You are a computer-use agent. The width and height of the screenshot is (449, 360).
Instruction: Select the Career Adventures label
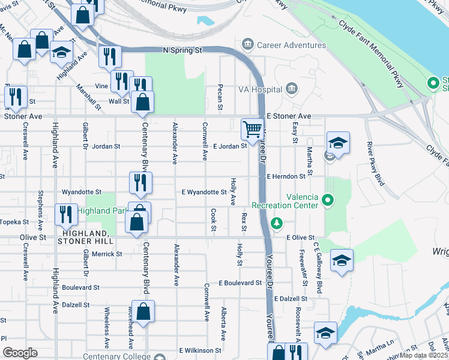coord(291,45)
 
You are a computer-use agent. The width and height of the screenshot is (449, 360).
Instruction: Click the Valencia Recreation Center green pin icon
coord(328,199)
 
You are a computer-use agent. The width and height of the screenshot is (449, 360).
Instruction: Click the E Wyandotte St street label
coord(204,193)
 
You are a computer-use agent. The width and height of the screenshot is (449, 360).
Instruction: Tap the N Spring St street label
coord(182,50)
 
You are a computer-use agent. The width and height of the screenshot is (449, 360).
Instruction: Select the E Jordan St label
coord(230,146)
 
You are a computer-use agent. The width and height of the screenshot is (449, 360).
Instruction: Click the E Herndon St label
coord(286,176)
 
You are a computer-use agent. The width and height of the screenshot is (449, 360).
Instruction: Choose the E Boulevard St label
coord(240,283)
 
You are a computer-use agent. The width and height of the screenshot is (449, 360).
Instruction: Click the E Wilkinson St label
coord(200,350)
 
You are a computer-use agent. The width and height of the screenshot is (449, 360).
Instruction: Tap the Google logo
coord(20,352)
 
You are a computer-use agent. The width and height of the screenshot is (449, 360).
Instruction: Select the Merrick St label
coord(107,254)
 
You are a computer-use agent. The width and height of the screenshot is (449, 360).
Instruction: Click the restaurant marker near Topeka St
coord(66,214)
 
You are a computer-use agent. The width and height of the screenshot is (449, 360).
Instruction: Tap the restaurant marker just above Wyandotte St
coord(140,183)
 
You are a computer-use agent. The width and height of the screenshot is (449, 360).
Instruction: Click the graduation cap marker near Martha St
coord(338,144)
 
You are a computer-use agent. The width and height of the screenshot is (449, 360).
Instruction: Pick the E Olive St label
coord(301,238)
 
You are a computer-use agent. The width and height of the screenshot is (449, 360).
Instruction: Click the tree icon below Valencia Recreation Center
coord(276,224)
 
